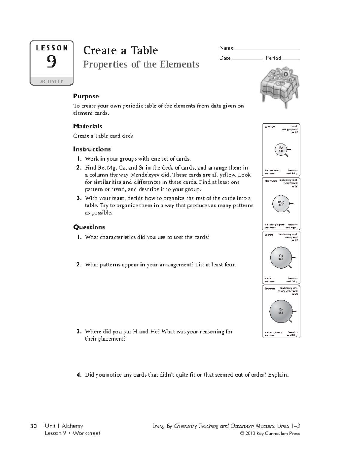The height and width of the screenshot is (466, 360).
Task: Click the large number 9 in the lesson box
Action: click(52, 62)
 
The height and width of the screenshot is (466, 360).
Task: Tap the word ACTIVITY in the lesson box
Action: click(52, 81)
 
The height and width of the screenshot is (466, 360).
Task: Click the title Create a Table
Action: click(121, 50)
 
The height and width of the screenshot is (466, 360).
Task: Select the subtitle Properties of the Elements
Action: click(141, 64)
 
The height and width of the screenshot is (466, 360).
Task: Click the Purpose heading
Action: click(86, 96)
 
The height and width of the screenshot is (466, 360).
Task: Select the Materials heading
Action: click(88, 126)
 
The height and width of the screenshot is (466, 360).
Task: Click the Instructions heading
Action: click(92, 149)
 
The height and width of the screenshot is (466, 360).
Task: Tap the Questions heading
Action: click(89, 227)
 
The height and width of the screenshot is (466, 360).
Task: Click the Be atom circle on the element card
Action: click(281, 149)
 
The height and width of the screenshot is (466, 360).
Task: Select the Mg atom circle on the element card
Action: click(281, 204)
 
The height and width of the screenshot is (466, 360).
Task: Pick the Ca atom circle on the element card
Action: click(281, 257)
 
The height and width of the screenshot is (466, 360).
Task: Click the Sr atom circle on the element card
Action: click(281, 311)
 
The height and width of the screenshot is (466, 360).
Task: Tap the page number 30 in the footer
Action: click(33, 426)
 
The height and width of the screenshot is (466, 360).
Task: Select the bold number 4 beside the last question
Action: click(79, 375)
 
